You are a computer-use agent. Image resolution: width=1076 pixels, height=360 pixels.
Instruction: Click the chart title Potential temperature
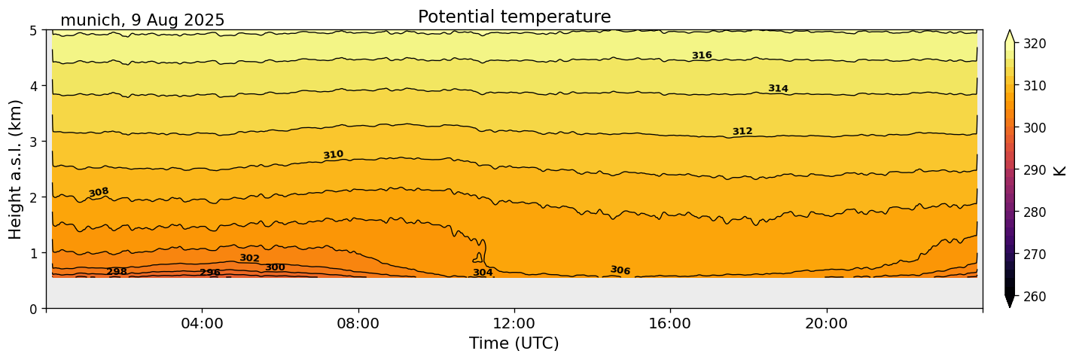514,17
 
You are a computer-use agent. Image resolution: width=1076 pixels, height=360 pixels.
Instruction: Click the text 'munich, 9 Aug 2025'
142,20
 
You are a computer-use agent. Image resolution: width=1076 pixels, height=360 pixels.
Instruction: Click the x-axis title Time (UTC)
514,343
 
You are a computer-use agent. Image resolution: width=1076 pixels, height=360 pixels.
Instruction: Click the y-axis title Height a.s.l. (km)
16,169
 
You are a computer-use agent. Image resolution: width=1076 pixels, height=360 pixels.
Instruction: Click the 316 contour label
702,55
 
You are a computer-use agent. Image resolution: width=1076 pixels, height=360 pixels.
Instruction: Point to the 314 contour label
778,89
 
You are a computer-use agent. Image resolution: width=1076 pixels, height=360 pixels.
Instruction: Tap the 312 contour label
742,132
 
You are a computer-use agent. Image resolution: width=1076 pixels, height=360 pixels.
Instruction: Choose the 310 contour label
333,154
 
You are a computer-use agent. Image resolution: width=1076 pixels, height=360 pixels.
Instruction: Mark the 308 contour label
99,192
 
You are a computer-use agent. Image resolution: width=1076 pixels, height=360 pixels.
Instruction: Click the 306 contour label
620,270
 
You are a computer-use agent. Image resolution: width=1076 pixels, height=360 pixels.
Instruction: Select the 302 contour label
249,258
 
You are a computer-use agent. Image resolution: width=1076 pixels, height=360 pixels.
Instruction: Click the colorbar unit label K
1060,170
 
